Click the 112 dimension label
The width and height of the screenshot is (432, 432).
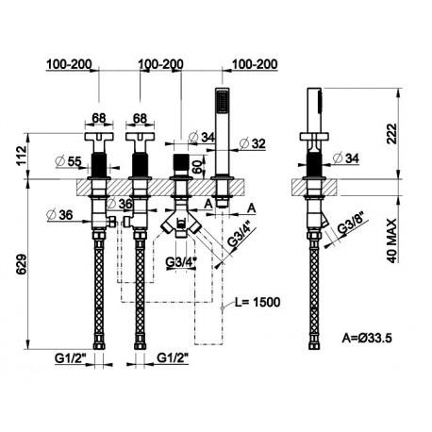coord(22,155)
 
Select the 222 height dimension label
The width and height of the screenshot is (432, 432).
coord(391,134)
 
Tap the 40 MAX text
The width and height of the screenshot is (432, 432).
coord(391,241)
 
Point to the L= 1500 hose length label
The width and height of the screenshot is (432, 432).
coord(258,302)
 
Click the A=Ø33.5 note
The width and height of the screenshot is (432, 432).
coord(367,339)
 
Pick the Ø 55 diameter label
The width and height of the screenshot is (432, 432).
coord(68,161)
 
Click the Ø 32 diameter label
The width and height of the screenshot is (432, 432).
coord(252,143)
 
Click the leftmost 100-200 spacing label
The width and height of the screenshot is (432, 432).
coord(69,64)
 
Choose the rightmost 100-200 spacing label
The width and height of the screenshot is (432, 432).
coord(255,64)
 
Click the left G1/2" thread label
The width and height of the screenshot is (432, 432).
coord(70,358)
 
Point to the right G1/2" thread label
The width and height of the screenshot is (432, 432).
coord(173,357)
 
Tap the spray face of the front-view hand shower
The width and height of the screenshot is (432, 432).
coord(222,101)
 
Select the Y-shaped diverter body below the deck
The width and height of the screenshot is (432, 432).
coord(180,222)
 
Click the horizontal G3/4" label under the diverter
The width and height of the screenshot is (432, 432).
coord(181,262)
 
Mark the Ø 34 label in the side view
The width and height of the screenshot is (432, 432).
coord(345,158)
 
